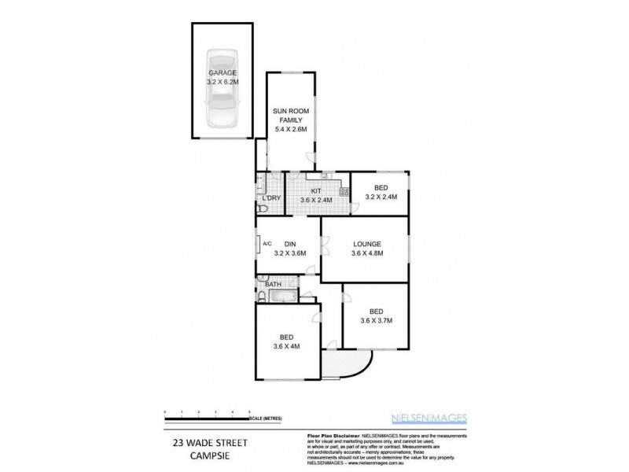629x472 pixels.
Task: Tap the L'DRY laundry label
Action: coord(272,197)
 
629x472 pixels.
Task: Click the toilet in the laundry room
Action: coord(261,208)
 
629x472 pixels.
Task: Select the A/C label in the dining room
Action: coord(267,243)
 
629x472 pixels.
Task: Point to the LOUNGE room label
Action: coord(366,244)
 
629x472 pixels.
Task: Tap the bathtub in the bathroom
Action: coord(281,297)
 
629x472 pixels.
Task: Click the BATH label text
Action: coord(273,284)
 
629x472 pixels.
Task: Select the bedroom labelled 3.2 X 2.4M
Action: coord(381,193)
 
